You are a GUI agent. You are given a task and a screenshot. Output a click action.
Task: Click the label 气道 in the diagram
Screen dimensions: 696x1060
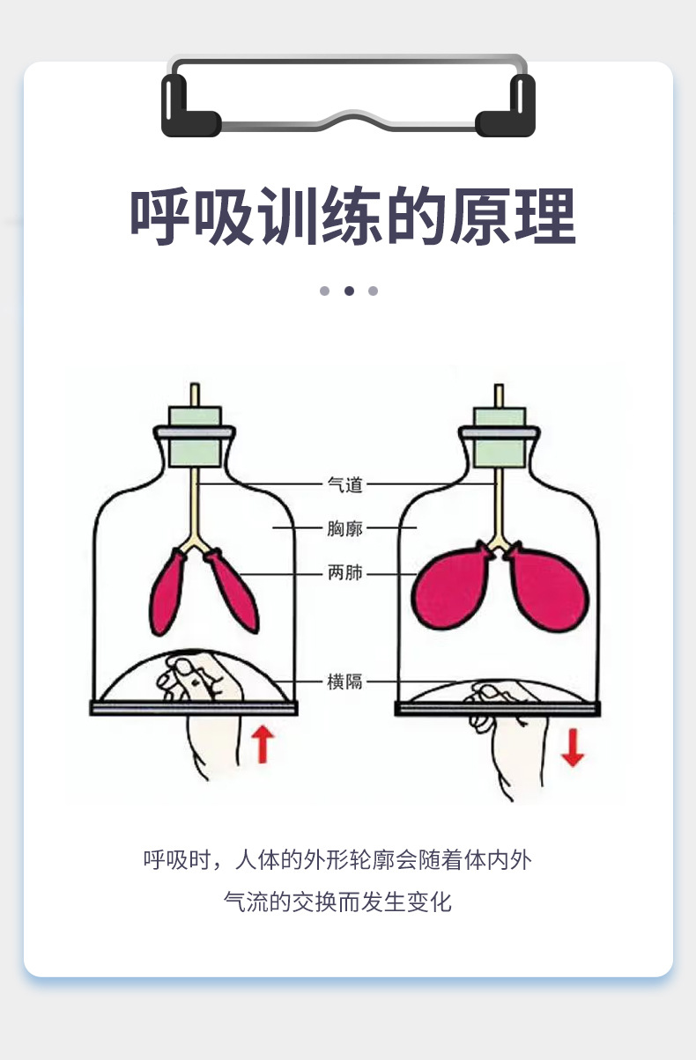pos(344,484)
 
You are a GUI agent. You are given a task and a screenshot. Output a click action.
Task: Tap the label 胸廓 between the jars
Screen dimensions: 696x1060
pos(344,529)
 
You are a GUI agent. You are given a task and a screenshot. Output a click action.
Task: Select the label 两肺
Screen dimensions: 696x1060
pos(344,574)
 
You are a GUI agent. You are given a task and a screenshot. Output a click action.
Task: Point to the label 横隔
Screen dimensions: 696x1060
pos(344,681)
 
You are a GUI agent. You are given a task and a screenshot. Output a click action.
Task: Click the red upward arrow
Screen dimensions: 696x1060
pos(261,745)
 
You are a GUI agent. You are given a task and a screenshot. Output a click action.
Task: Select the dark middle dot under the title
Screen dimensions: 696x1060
pos(349,291)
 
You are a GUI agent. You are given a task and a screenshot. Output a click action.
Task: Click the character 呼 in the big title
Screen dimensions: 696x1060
pos(161,216)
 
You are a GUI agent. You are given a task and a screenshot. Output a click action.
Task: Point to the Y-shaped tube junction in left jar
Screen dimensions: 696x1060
pos(195,547)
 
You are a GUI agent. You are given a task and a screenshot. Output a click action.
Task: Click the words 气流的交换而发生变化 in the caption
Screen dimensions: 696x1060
pos(337,902)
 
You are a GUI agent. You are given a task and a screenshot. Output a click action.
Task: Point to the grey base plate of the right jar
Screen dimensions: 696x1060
pos(498,709)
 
